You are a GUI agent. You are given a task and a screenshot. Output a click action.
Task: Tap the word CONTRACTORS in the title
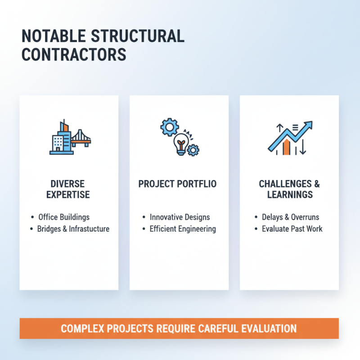(74, 54)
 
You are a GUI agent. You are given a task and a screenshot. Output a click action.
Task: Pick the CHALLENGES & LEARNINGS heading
(289, 189)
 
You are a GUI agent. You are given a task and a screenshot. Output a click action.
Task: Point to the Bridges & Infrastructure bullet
(73, 229)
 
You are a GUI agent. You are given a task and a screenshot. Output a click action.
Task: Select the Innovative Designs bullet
(180, 217)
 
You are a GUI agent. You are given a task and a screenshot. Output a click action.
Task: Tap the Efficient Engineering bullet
(182, 229)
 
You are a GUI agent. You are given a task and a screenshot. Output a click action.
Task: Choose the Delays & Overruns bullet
(290, 217)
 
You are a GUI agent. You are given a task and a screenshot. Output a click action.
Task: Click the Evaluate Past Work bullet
(292, 229)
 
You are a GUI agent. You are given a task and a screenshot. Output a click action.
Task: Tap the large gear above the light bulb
(169, 127)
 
